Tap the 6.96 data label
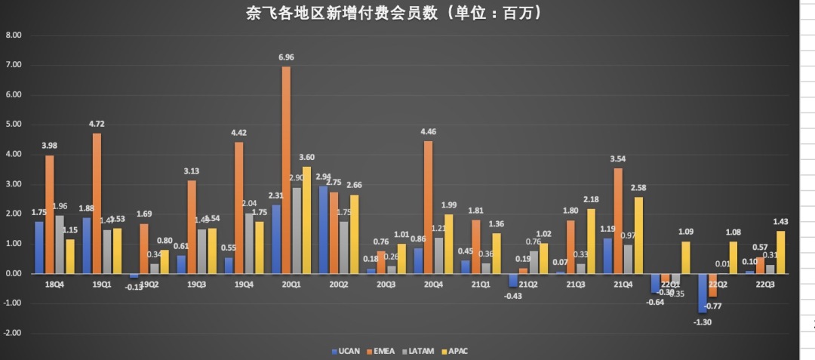(x=286, y=57)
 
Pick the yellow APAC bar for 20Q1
(x=306, y=220)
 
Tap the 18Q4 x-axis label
(x=54, y=284)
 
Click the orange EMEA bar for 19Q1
(x=97, y=203)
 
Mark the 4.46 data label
(x=428, y=132)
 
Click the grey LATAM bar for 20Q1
(x=296, y=230)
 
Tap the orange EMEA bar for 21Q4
(x=618, y=220)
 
